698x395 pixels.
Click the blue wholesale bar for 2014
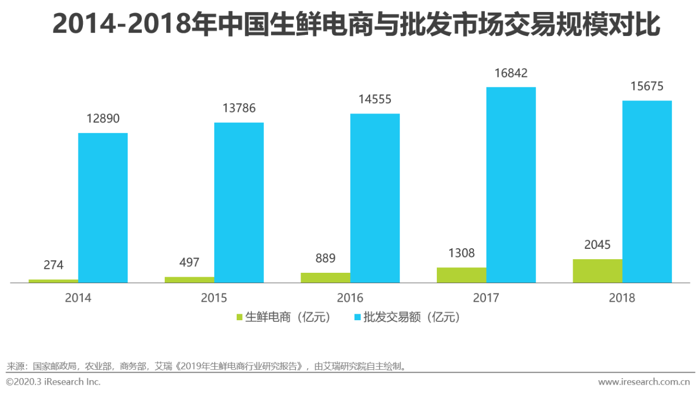pos(103,208)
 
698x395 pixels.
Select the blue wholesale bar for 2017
pos(511,185)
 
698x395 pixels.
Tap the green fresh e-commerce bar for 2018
pos(597,271)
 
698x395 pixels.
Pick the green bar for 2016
pos(325,278)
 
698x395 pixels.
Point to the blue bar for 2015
pos(239,202)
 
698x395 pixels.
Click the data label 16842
pos(511,73)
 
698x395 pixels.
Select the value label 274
pos(53,265)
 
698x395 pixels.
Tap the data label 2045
pos(597,245)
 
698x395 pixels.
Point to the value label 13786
pos(239,108)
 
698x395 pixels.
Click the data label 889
pos(325,258)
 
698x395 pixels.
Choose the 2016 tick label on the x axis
pos(350,298)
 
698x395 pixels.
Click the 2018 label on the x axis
pos(622,298)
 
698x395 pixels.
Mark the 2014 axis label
pos(78,298)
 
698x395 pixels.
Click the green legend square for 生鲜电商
pos(239,317)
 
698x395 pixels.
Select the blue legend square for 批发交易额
pos(357,317)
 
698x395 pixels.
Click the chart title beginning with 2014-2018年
pos(356,25)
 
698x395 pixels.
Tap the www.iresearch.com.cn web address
pos(643,382)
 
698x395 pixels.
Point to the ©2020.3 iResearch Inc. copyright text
pos(53,382)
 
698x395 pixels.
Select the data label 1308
pos(461,253)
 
